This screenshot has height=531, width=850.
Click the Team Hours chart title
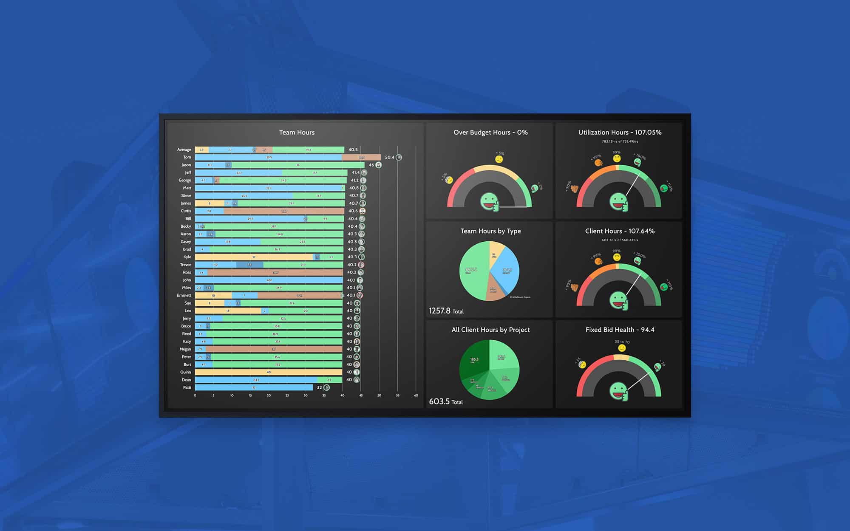(297, 133)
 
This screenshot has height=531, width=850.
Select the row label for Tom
(187, 157)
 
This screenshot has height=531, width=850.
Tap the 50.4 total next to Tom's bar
(389, 157)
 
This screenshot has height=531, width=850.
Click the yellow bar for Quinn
(269, 372)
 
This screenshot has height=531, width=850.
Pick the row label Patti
(187, 387)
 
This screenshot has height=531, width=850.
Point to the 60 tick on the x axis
(416, 395)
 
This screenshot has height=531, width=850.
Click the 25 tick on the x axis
(287, 395)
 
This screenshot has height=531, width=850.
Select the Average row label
(184, 150)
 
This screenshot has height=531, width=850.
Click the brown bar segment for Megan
(274, 349)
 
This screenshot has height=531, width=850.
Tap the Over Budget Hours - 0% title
(490, 133)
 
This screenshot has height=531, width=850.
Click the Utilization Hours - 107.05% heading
(620, 133)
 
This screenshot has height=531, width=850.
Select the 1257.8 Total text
(446, 311)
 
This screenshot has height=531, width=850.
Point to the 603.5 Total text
(446, 401)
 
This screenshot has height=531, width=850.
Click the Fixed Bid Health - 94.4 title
(620, 330)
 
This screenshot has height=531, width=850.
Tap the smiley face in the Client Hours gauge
(618, 300)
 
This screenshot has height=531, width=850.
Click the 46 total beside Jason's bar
(371, 165)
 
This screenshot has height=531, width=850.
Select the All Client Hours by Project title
(490, 330)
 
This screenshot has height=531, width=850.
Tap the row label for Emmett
(184, 295)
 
